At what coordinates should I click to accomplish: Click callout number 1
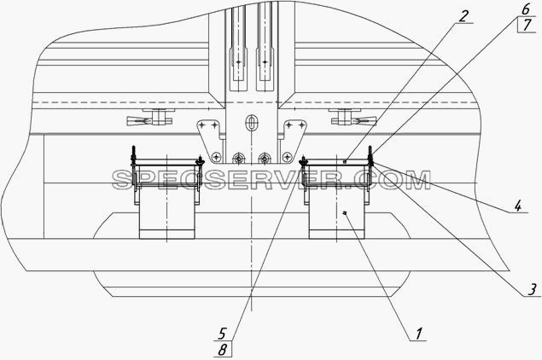pyautogui.click(x=418, y=334)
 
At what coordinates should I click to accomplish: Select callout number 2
pyautogui.click(x=463, y=16)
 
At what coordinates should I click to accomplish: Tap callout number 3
pyautogui.click(x=533, y=289)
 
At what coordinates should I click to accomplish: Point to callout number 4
pyautogui.click(x=517, y=206)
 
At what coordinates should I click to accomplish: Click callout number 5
pyautogui.click(x=222, y=334)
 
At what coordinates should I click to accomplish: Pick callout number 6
pyautogui.click(x=526, y=9)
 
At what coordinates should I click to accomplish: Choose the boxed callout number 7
pyautogui.click(x=527, y=26)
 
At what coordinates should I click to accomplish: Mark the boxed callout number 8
pyautogui.click(x=223, y=350)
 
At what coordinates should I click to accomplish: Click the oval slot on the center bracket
pyautogui.click(x=251, y=122)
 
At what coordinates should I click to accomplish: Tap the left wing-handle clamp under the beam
pyautogui.click(x=149, y=118)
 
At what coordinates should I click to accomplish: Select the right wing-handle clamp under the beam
pyautogui.click(x=353, y=118)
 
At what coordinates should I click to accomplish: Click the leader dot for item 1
pyautogui.click(x=344, y=213)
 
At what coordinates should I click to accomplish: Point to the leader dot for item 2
pyautogui.click(x=344, y=161)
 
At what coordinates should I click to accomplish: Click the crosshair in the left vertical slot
pyautogui.click(x=238, y=62)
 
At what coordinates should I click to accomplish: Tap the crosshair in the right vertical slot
pyautogui.click(x=265, y=62)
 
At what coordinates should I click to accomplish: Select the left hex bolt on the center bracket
pyautogui.click(x=238, y=158)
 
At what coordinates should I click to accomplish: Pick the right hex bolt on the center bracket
pyautogui.click(x=265, y=158)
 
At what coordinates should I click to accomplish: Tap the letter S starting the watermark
pyautogui.click(x=123, y=180)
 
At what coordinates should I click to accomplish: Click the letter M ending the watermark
pyautogui.click(x=418, y=180)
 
